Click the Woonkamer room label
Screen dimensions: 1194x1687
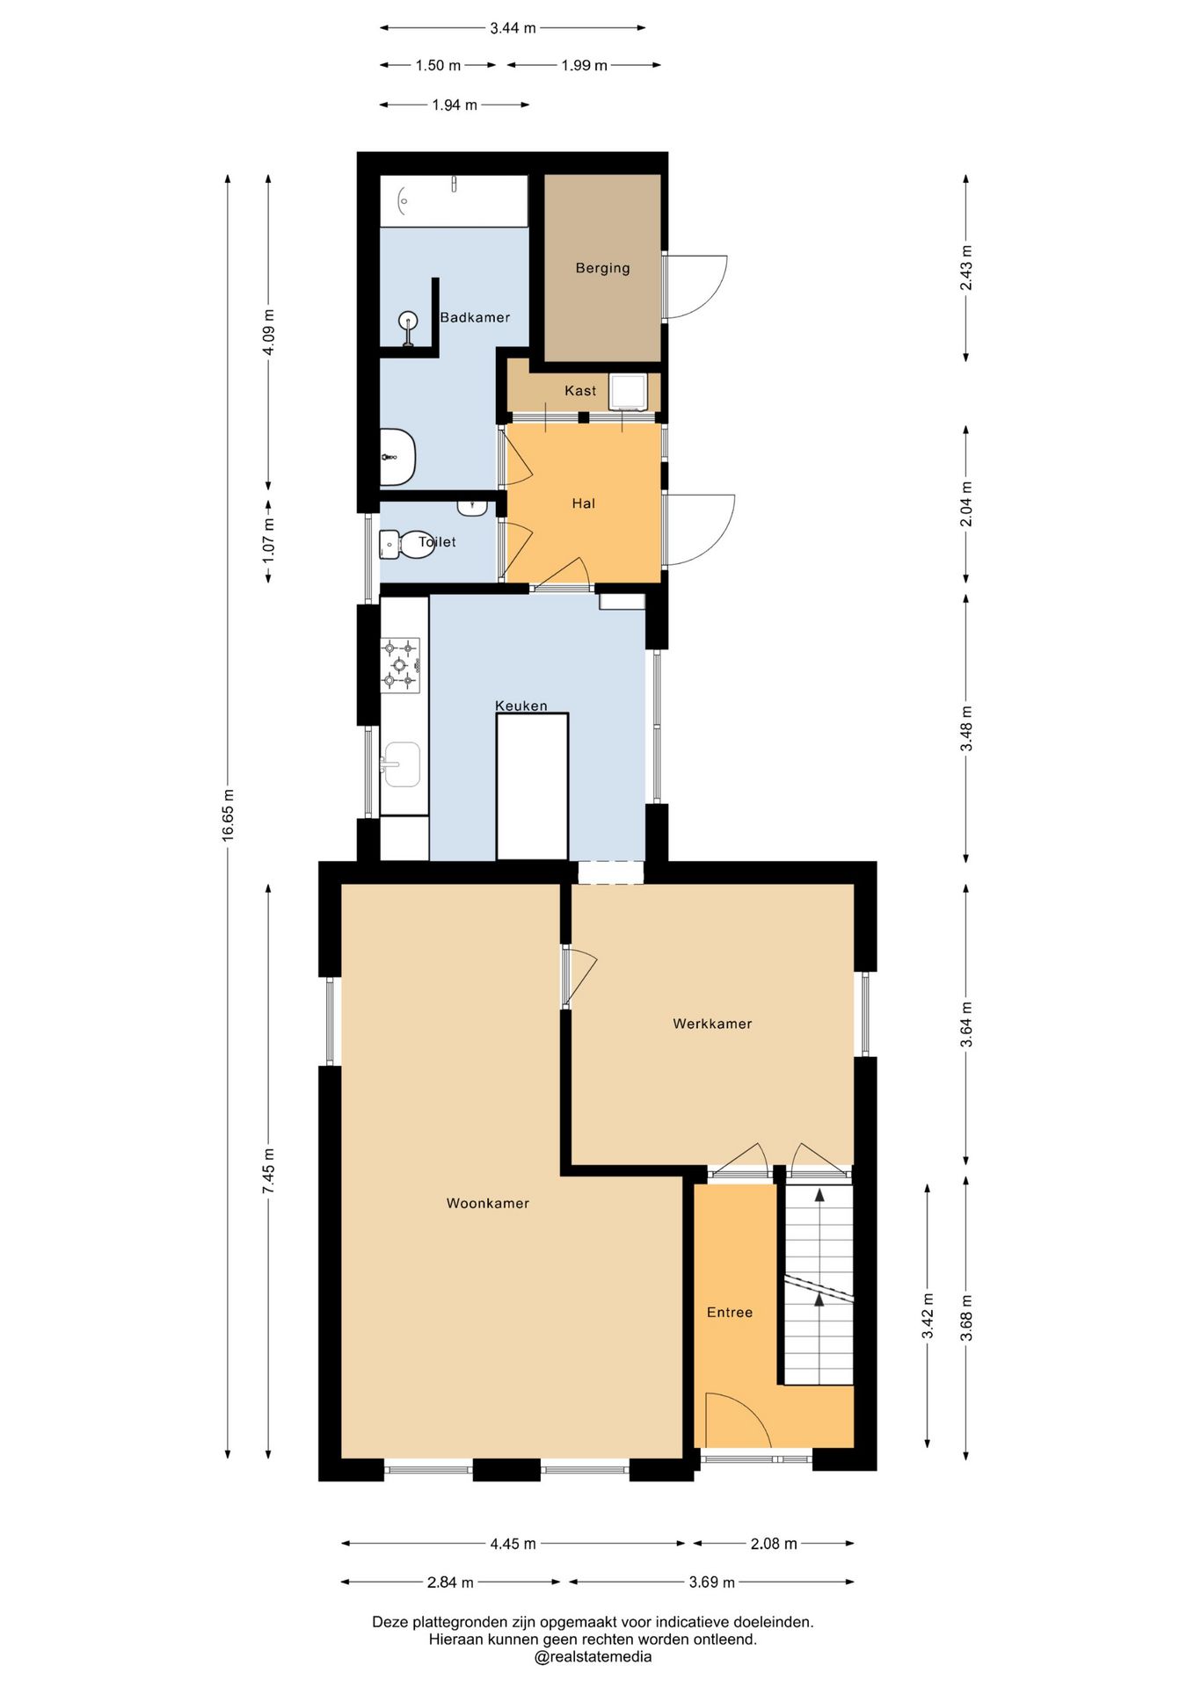487,1203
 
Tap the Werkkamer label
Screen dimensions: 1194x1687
712,1023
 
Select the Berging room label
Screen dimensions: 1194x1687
602,268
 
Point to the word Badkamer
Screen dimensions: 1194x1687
475,317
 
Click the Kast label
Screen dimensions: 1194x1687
580,390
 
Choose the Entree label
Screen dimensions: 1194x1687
730,1312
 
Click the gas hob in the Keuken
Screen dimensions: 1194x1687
400,665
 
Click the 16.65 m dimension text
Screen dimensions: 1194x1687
228,815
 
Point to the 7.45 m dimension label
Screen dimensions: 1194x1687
268,1170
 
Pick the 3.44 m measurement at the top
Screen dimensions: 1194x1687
513,28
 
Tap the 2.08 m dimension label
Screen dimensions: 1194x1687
774,1543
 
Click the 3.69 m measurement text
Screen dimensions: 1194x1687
711,1582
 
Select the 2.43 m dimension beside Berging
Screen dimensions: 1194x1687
965,268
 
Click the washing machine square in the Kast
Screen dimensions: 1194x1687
629,391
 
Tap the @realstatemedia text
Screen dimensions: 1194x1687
593,1656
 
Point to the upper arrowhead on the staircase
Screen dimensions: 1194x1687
819,1194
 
